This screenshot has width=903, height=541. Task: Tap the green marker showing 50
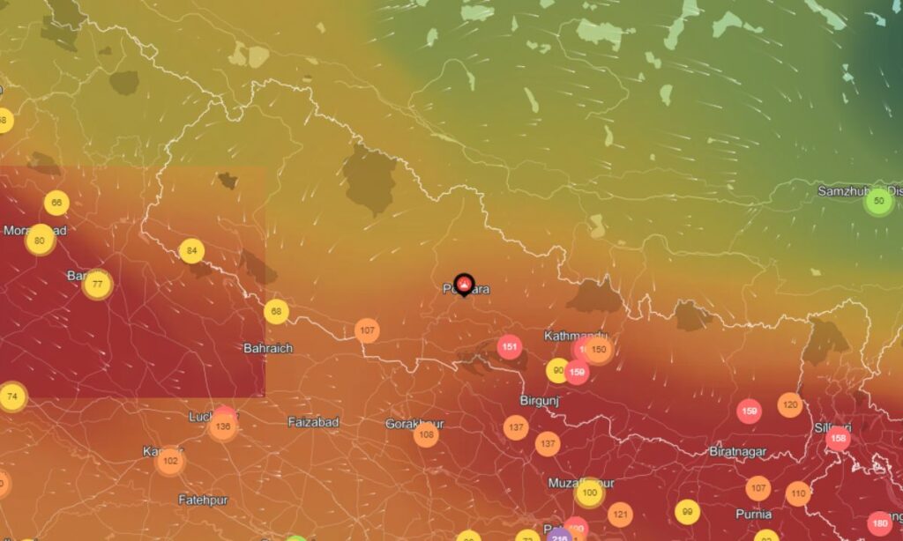pos(878,202)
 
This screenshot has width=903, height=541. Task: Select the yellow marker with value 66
pos(56,204)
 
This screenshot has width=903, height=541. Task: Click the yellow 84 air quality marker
pos(191,251)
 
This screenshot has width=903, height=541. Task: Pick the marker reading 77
pos(97,285)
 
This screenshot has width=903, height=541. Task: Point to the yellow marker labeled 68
pos(276,312)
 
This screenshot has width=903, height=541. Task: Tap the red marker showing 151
pos(509,346)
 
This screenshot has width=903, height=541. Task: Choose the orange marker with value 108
pos(426,434)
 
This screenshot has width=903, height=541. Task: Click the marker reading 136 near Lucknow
pos(222,427)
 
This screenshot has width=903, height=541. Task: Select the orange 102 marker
pos(170,460)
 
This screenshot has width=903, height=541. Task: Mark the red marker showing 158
pos(838,439)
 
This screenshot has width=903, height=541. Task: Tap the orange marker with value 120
pos(790,405)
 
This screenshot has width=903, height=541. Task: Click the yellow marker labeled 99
pos(686,511)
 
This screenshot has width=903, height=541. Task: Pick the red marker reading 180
pos(879,523)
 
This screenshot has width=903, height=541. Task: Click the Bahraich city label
pos(268,348)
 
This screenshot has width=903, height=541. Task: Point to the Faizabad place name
pos(313,422)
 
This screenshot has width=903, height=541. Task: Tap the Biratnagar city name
pos(738,451)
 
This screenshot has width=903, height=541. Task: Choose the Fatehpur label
pos(203,500)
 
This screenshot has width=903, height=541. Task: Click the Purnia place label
pos(753,514)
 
